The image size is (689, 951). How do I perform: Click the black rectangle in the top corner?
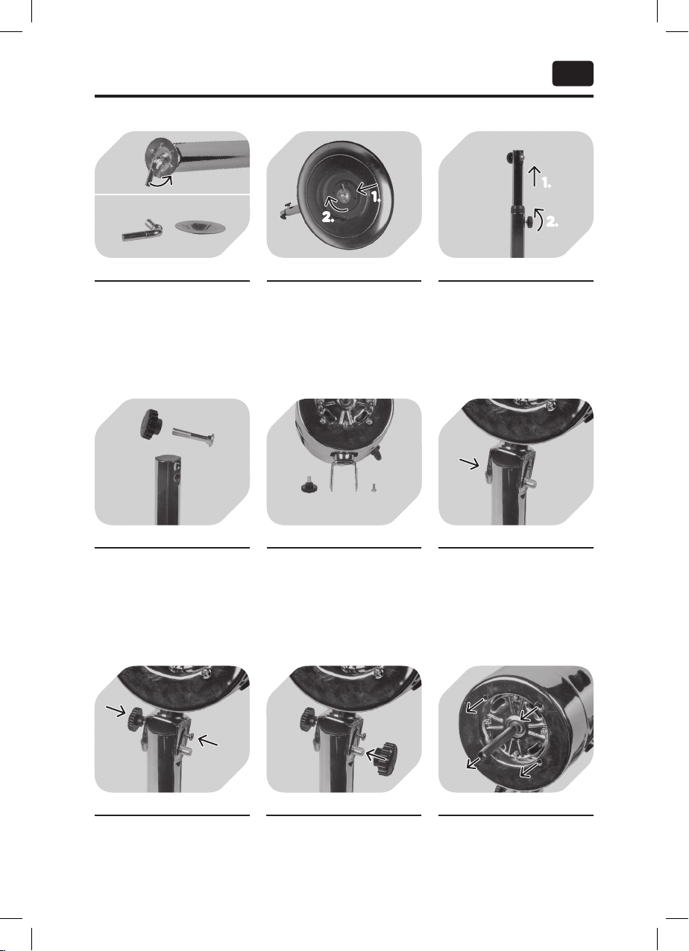(573, 74)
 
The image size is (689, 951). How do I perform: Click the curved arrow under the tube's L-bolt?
(161, 181)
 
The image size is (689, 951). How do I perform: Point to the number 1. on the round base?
(376, 197)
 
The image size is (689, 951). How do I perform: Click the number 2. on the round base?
(328, 217)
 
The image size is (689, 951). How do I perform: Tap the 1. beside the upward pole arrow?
(546, 183)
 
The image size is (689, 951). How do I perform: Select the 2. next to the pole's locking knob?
(552, 221)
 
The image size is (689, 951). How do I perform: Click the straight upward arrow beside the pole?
(535, 177)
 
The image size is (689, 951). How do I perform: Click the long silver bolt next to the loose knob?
(193, 437)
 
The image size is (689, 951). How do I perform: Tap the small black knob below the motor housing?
(309, 487)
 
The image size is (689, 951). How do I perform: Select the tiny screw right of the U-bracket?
(374, 487)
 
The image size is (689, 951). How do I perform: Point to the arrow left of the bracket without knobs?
(470, 464)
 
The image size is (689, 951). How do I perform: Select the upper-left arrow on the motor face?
(476, 705)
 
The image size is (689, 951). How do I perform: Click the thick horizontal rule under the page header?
(344, 96)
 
